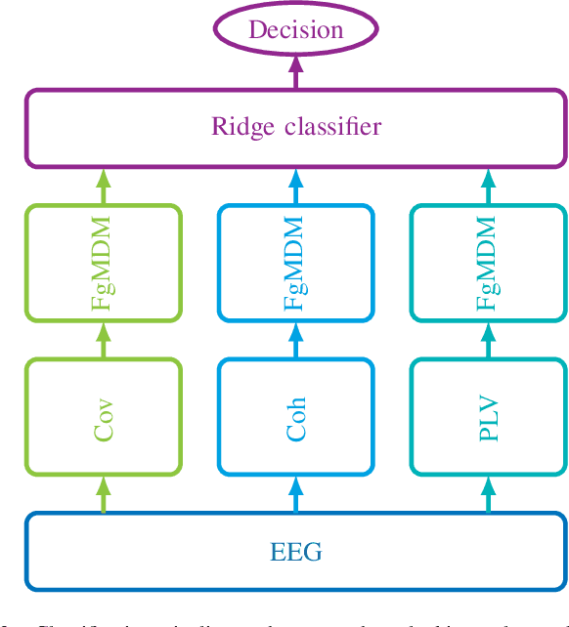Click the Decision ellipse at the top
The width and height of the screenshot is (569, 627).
tap(296, 30)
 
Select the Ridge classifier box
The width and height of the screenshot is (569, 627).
tap(296, 128)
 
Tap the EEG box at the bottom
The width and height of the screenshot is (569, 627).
tap(296, 552)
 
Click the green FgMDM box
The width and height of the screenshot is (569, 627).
tap(104, 263)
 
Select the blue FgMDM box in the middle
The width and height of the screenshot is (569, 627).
tap(296, 263)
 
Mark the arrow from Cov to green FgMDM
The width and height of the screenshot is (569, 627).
tap(104, 340)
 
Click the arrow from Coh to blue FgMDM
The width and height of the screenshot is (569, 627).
tap(296, 340)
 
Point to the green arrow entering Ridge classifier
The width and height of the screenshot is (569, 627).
tap(104, 186)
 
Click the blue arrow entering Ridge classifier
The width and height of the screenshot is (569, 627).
tap(296, 186)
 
